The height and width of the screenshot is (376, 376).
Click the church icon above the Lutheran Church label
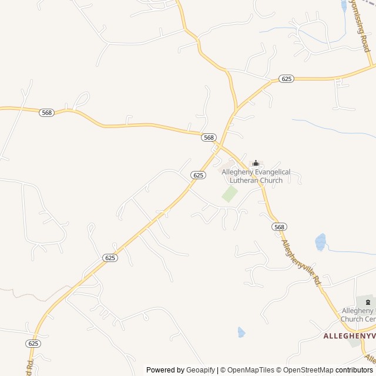tap(256, 163)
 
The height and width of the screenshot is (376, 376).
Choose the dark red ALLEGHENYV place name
tap(349, 335)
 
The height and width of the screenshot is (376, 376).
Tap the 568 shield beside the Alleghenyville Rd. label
tap(279, 227)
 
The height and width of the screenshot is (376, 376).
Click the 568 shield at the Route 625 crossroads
tap(209, 137)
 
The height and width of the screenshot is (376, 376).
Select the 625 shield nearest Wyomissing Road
tap(286, 79)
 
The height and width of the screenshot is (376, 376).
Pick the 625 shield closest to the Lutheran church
tap(198, 175)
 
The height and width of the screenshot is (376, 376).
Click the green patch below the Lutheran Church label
tap(229, 194)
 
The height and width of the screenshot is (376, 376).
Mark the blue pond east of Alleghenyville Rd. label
tap(320, 241)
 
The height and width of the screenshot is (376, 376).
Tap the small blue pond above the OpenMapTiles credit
tap(241, 332)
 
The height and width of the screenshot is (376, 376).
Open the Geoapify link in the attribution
tap(201, 370)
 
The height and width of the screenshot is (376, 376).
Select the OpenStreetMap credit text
tap(305, 370)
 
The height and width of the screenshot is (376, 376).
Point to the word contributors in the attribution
tap(354, 370)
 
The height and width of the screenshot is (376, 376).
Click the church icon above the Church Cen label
tap(368, 301)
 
